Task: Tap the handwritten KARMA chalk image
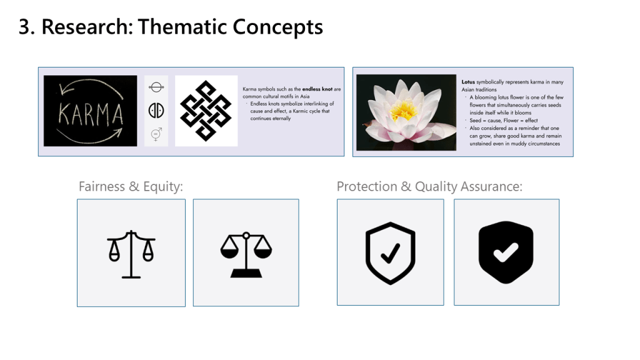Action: click(90, 111)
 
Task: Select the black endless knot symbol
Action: click(206, 111)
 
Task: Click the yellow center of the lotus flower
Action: click(404, 109)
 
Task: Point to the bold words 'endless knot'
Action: click(317, 89)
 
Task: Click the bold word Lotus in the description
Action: click(468, 82)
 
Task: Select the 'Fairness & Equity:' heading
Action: click(131, 186)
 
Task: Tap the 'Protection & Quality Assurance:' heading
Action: click(429, 186)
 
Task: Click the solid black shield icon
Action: click(506, 252)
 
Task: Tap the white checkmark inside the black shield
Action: click(506, 253)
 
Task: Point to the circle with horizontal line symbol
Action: click(156, 87)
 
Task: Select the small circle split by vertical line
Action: click(156, 110)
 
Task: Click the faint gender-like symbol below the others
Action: click(156, 134)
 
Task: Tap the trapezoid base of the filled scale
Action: click(246, 274)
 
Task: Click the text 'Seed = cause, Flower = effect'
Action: click(503, 121)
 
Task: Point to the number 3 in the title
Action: click(24, 27)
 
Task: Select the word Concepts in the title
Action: click(278, 27)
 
